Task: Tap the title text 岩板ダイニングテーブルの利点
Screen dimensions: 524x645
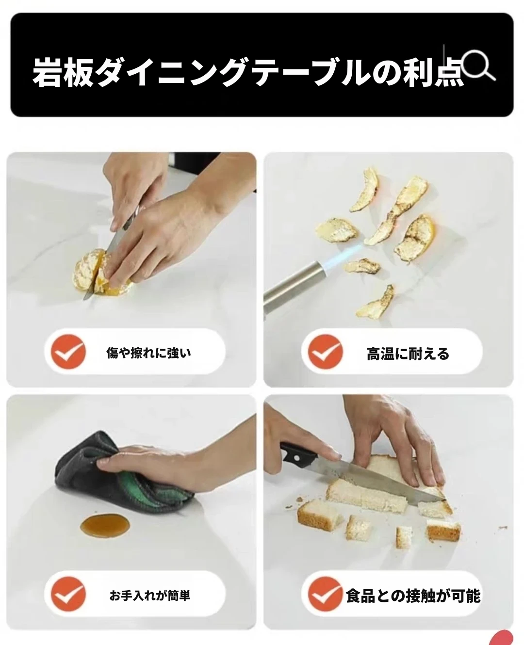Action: [248, 73]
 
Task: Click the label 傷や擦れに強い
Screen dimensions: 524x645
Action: [148, 353]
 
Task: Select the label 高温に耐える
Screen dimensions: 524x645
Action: [408, 354]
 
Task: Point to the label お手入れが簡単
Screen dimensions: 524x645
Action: [149, 596]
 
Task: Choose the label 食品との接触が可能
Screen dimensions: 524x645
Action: [413, 596]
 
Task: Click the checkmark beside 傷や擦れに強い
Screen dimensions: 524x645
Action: [68, 352]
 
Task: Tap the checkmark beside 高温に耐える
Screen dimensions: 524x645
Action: [325, 352]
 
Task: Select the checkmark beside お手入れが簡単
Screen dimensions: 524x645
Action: [68, 594]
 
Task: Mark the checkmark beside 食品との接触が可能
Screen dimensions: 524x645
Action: [325, 594]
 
